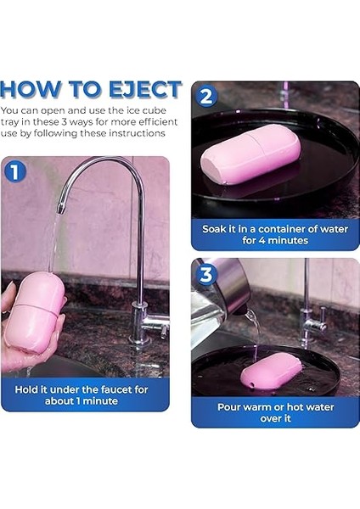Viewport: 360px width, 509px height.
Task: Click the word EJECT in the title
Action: (145, 89)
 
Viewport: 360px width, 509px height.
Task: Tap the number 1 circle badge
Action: (15, 171)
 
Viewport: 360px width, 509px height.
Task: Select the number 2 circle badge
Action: (206, 96)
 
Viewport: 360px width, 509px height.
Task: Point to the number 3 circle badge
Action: (206, 275)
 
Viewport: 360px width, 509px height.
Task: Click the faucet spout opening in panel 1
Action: (60, 208)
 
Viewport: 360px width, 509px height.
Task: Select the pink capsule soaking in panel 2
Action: (250, 159)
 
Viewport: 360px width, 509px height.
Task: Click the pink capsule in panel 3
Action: (271, 372)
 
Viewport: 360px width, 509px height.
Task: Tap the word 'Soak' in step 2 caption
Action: (214, 229)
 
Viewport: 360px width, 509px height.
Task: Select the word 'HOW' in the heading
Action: (31, 89)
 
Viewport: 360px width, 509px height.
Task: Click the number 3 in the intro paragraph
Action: (64, 122)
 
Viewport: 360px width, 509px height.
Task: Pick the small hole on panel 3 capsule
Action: (252, 385)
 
